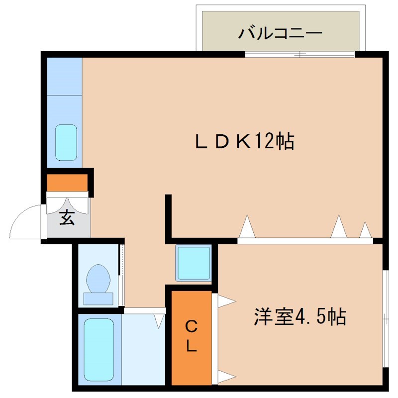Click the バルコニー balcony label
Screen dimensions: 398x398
pos(280,34)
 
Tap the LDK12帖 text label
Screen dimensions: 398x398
pos(244,142)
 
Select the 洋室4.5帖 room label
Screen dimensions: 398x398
pos(299,316)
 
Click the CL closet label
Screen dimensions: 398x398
pos(191,336)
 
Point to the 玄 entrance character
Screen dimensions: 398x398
pos(67,218)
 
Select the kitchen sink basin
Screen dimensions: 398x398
pos(66,142)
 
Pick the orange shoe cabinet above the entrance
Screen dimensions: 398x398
pos(68,183)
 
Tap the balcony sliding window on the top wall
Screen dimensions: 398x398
pos(299,54)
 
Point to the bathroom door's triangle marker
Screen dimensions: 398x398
pos(159,320)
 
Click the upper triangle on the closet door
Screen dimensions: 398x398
pos(225,301)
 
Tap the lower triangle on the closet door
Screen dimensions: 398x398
pos(225,377)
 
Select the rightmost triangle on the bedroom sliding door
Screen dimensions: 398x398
pos(366,230)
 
